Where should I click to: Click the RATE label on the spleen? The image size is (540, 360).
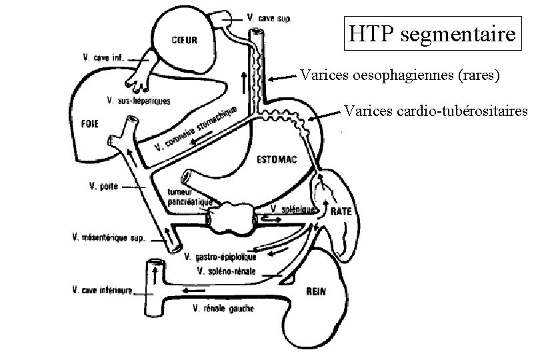pyautogui.click(x=341, y=211)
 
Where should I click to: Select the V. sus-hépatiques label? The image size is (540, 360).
pyautogui.click(x=138, y=101)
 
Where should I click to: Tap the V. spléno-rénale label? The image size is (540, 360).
pyautogui.click(x=231, y=271)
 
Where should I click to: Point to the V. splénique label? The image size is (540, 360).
pyautogui.click(x=293, y=209)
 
